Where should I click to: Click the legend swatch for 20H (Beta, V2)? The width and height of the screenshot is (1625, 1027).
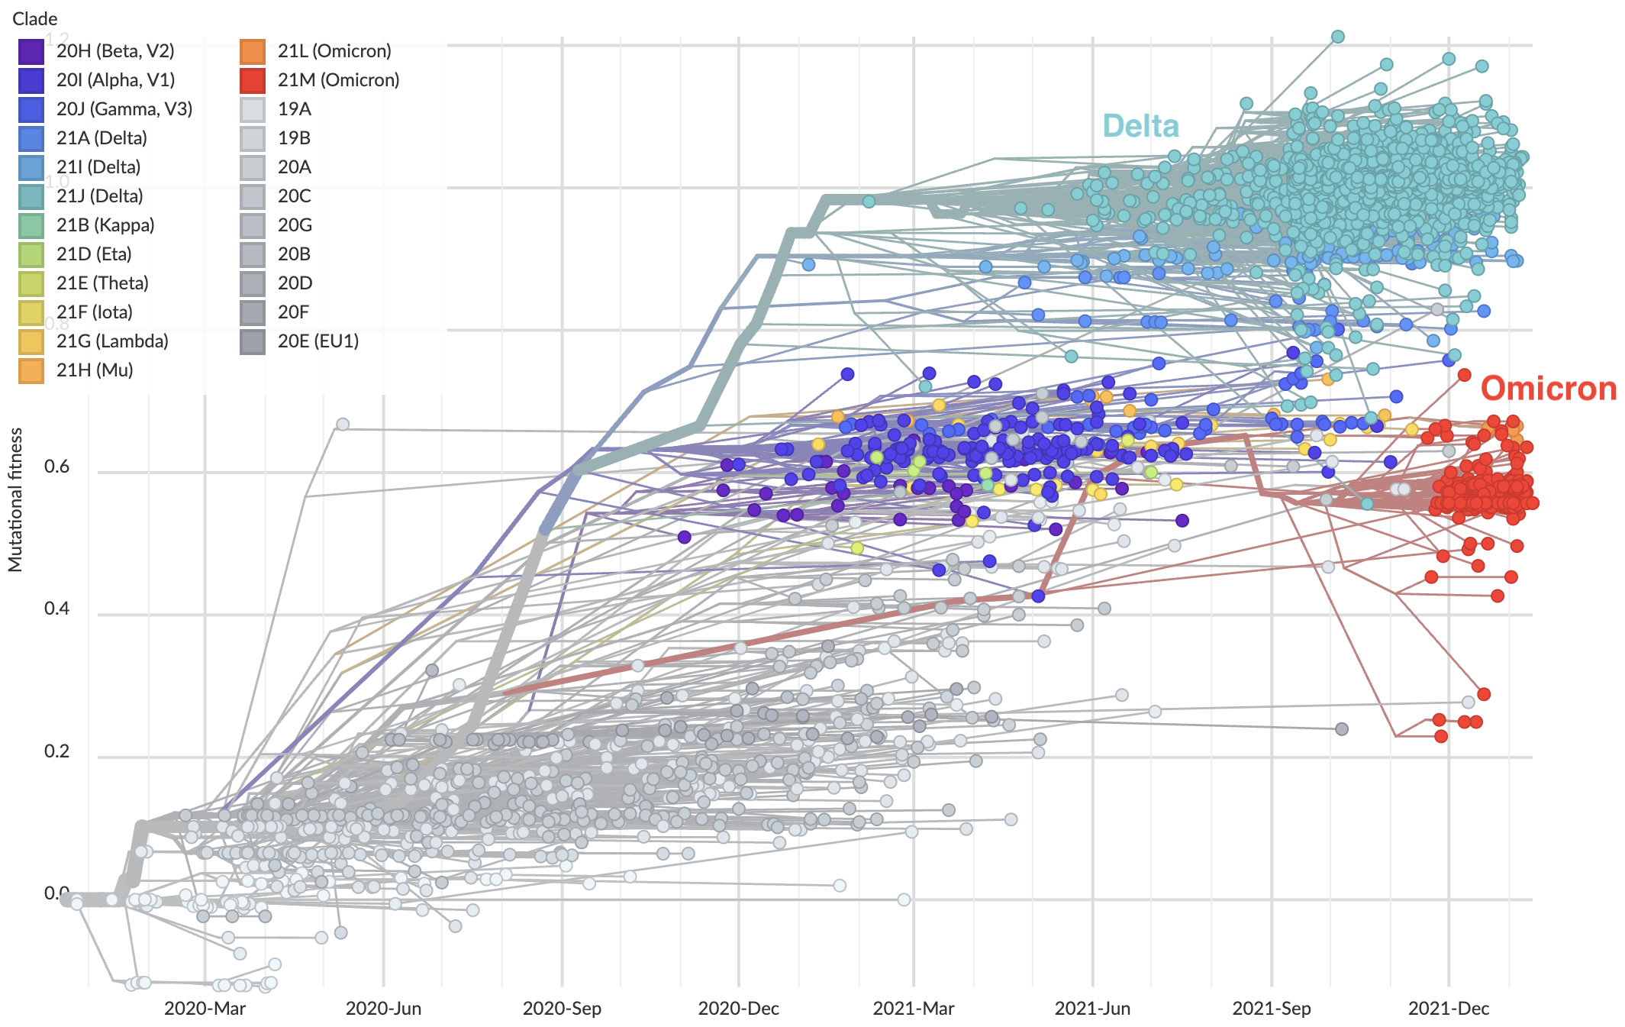point(31,51)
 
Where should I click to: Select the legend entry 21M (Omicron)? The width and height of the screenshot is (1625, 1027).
point(338,80)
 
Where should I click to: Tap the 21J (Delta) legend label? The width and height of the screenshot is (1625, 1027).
point(99,196)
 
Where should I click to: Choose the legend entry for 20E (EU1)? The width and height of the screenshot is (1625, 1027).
point(318,341)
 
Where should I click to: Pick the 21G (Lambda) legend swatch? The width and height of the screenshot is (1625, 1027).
point(31,341)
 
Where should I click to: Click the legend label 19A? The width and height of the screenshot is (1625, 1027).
point(295,109)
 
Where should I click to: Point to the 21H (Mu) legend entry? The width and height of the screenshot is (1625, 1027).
point(95,370)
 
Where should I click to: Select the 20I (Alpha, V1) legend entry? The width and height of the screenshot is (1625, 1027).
point(115,80)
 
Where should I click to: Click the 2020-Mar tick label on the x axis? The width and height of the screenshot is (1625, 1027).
point(205,1008)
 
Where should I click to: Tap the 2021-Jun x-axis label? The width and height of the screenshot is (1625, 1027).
point(1092,1008)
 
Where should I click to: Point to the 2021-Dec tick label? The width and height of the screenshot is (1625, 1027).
point(1448,1008)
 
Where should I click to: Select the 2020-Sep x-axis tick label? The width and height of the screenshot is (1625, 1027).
point(562,1008)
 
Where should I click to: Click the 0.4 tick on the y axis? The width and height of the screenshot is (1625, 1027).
point(56,609)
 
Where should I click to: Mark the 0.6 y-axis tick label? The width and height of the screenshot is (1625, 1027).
point(56,467)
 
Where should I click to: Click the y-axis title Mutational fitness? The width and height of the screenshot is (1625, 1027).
point(16,499)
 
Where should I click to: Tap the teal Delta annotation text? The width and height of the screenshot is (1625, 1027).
point(1140,126)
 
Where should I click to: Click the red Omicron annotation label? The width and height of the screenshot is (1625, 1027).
point(1548,389)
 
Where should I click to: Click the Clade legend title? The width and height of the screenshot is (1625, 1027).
point(34,18)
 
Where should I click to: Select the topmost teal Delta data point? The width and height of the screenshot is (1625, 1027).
point(1338,37)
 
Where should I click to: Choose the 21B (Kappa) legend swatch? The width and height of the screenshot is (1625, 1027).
point(31,225)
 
